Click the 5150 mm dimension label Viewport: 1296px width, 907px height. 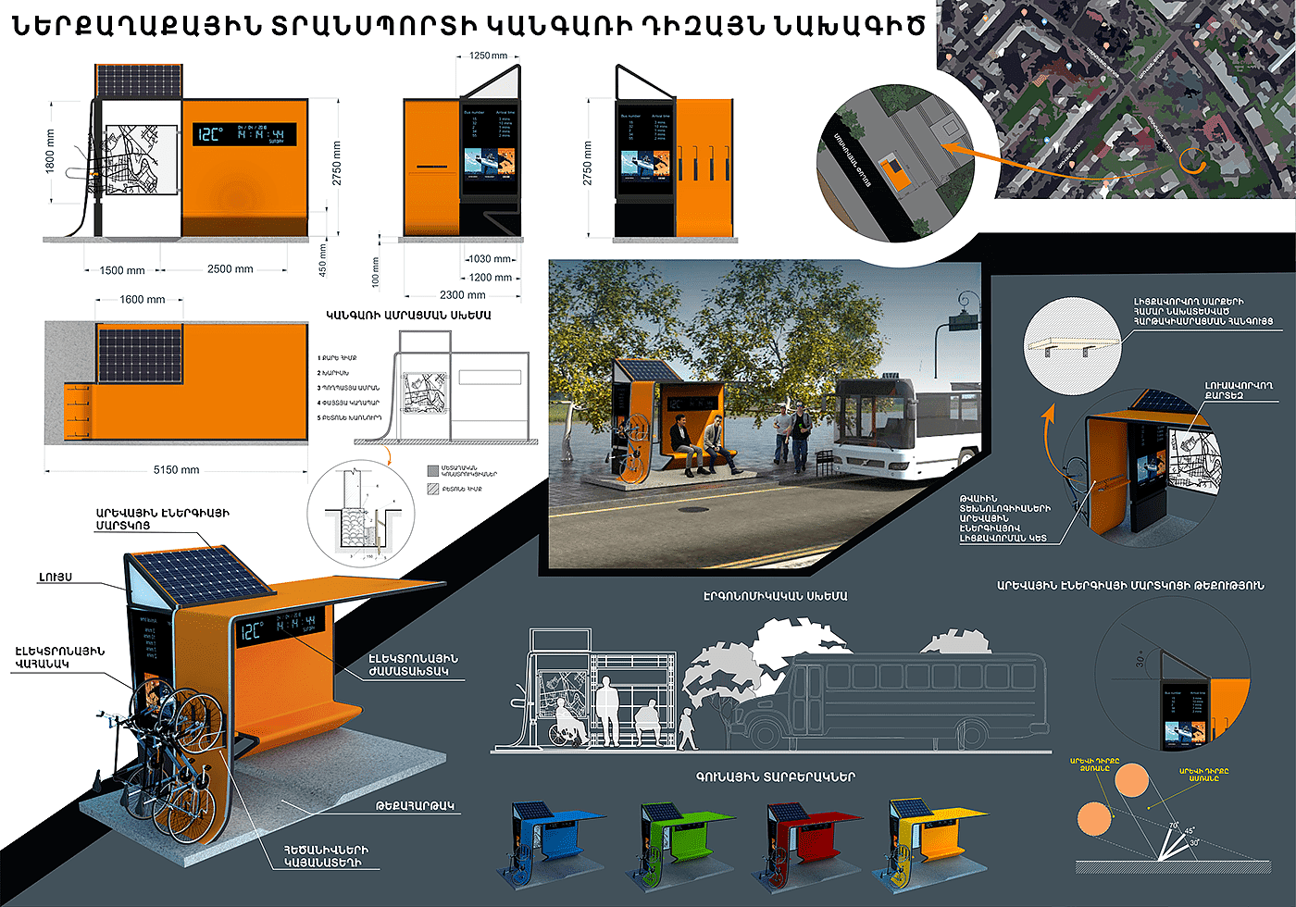(176, 470)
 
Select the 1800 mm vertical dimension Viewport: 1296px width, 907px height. (51, 150)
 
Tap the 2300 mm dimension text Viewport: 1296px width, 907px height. (462, 295)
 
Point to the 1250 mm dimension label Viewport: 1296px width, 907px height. (488, 56)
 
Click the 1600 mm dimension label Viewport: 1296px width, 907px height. (142, 300)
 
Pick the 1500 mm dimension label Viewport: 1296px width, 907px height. (122, 270)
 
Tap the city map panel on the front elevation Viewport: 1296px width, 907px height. (139, 162)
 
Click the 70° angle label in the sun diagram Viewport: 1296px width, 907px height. (1173, 826)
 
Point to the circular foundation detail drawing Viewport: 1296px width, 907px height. (361, 512)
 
